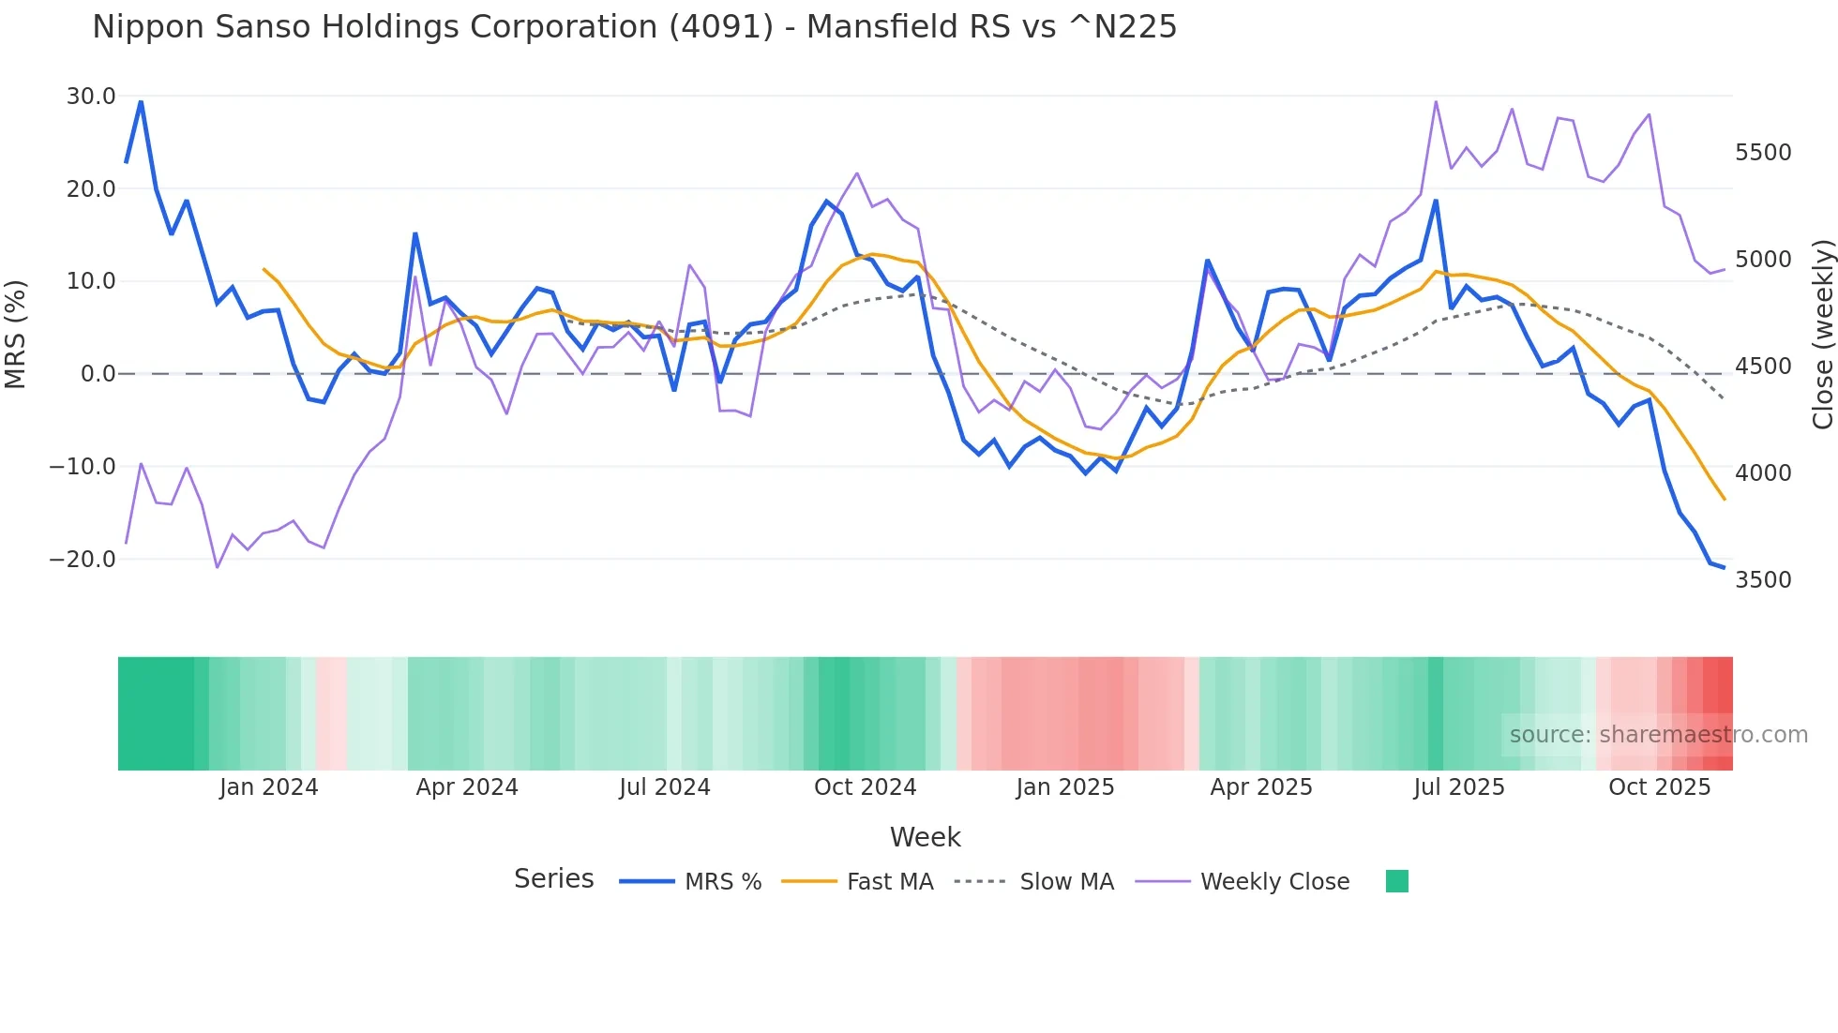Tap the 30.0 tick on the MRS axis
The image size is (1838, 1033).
click(91, 97)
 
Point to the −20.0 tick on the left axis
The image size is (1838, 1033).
click(83, 560)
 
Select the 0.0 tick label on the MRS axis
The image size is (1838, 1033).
click(98, 374)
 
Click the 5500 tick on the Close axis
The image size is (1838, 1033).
click(1763, 153)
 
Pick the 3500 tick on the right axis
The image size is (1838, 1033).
click(1763, 580)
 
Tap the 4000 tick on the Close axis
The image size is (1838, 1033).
click(1763, 473)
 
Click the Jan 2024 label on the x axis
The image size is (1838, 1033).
click(269, 787)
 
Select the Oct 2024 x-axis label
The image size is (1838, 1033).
click(865, 787)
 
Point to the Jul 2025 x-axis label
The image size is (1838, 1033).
click(1459, 787)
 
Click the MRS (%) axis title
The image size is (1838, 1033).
click(16, 334)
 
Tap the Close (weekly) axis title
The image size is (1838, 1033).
click(1822, 335)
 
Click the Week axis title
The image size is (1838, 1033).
click(925, 837)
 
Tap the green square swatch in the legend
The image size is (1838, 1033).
click(1396, 881)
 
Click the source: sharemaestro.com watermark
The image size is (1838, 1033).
click(1658, 735)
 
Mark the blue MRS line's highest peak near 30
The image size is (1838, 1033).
click(141, 101)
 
